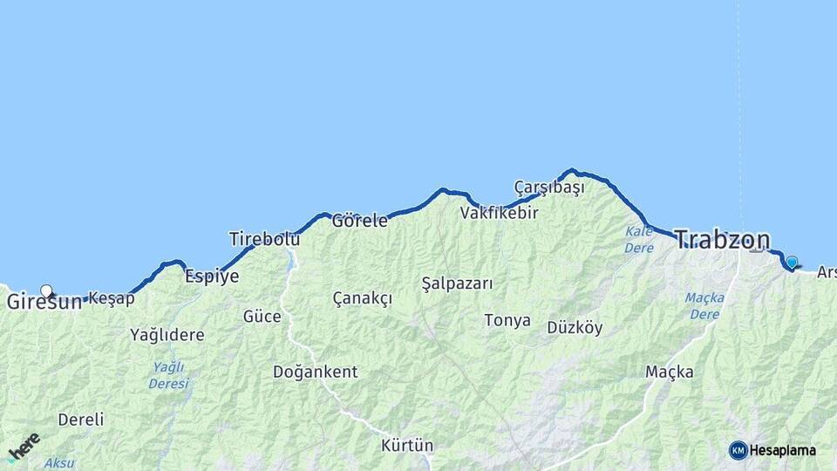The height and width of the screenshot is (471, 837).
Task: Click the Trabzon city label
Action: tap(723, 240)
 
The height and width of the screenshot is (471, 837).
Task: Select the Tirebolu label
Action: tap(264, 238)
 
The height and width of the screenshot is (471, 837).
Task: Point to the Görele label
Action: tap(359, 221)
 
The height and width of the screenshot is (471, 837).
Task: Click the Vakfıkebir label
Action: tap(499, 212)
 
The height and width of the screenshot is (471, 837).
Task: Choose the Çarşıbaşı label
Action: tap(548, 187)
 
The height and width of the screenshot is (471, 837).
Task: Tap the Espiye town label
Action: tap(212, 276)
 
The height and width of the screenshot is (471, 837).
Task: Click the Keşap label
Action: tap(112, 298)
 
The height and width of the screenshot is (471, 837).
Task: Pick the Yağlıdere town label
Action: tap(167, 334)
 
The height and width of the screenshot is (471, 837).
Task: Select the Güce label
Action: tap(262, 316)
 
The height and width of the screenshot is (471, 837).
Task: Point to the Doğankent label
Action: tap(315, 372)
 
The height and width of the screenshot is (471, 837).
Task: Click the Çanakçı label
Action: tap(362, 298)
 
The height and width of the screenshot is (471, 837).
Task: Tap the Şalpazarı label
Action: tap(457, 283)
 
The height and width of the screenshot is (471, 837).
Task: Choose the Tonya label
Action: tap(507, 320)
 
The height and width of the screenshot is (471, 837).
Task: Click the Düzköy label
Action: tap(575, 327)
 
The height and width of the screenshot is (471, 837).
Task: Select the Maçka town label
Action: tap(669, 372)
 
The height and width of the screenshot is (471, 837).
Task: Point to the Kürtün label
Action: tap(406, 445)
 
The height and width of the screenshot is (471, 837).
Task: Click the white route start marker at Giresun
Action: tap(46, 291)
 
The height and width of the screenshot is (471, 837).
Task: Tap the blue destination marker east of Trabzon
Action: tap(792, 262)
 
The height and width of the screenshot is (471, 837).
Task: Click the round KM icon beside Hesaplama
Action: tap(738, 450)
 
